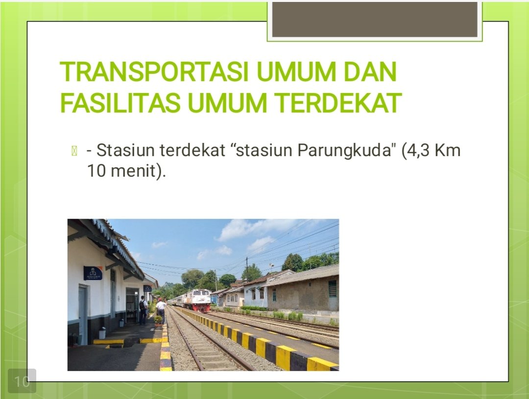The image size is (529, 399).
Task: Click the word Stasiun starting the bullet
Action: tap(126, 150)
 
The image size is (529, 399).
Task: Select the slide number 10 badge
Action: tap(22, 381)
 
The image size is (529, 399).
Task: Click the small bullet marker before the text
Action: tap(74, 151)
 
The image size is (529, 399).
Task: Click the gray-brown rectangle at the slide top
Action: tap(375, 19)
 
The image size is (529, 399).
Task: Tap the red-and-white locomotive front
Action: tap(201, 300)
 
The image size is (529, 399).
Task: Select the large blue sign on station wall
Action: tap(93, 273)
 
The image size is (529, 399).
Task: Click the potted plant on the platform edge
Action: tap(158, 321)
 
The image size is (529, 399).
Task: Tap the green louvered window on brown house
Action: tap(333, 289)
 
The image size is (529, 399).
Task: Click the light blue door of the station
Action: tap(82, 315)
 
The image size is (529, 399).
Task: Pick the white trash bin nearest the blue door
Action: tap(102, 333)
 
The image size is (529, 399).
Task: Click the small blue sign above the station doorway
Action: tap(147, 288)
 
